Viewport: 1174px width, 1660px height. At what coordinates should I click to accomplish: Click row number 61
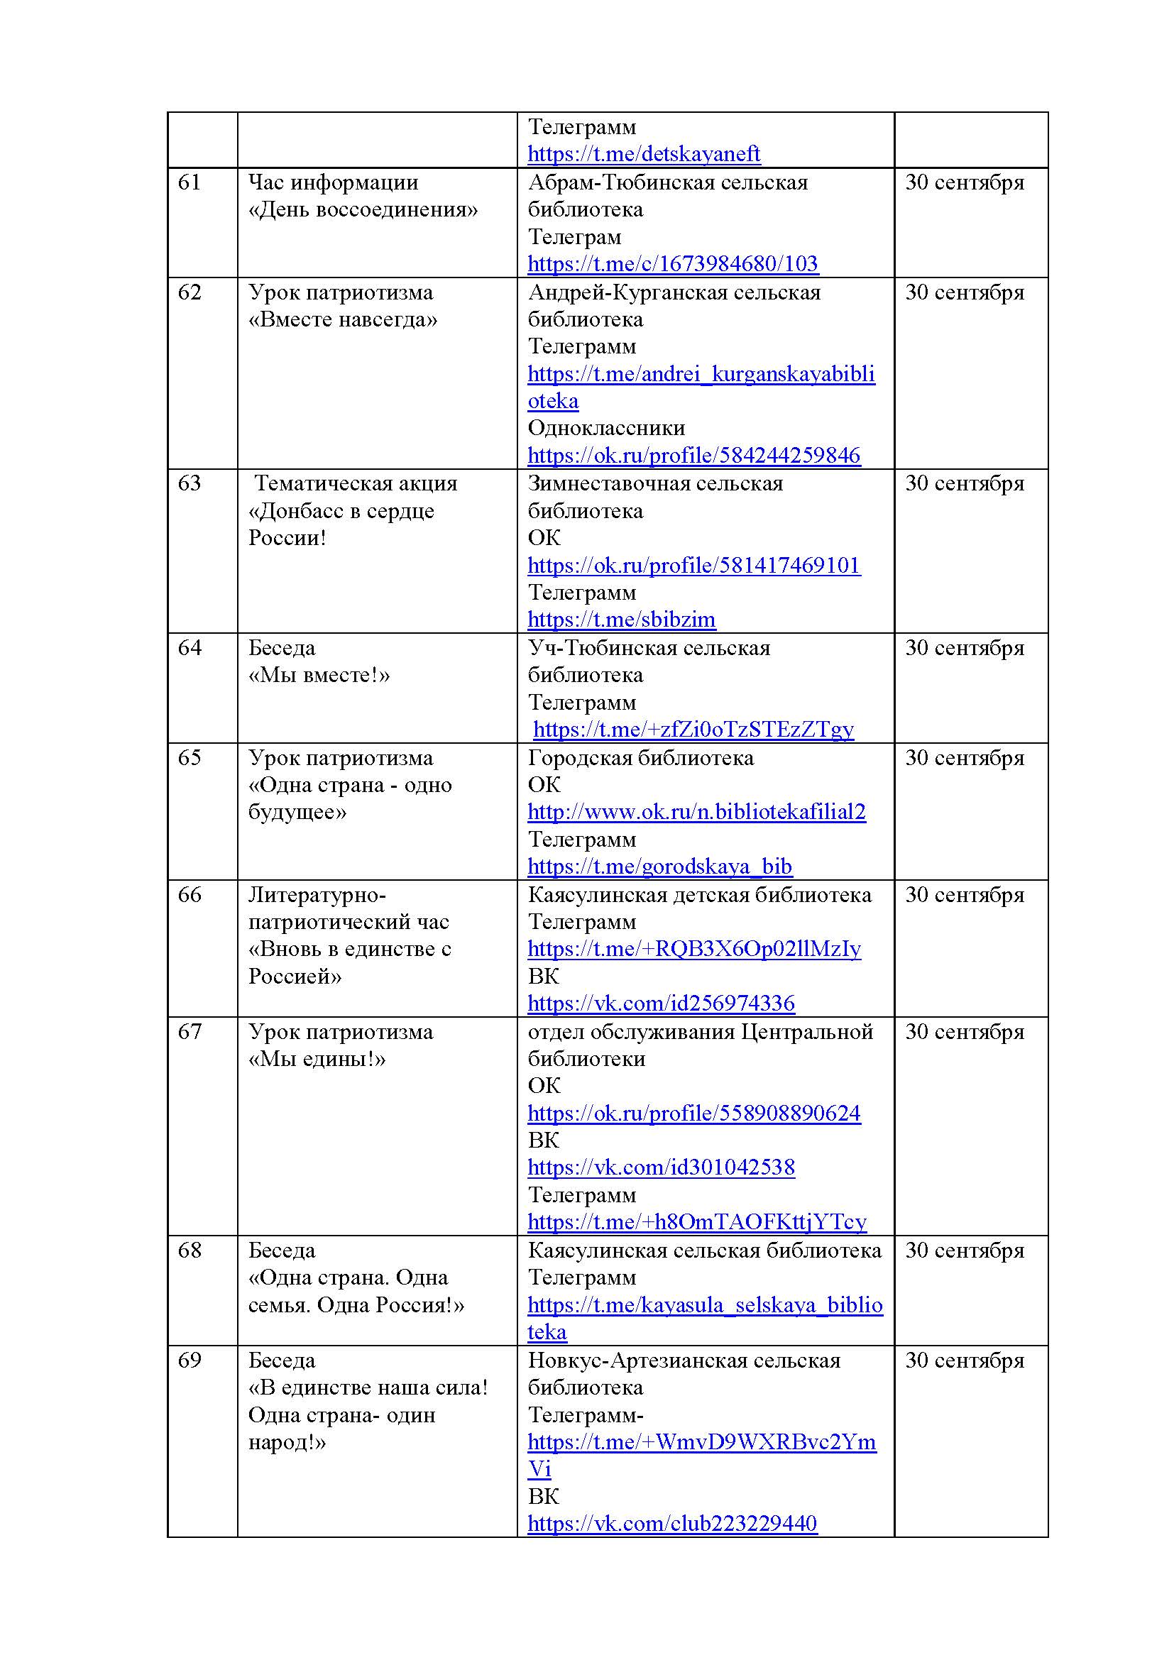coord(189,182)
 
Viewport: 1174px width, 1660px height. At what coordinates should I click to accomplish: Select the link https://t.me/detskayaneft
coord(643,154)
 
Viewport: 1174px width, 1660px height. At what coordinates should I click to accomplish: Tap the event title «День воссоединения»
coord(363,209)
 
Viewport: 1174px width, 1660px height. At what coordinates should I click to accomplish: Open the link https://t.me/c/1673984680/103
coord(672,264)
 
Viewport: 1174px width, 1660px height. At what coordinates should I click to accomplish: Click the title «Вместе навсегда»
coord(343,319)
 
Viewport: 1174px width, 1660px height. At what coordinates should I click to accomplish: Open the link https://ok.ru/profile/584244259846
coord(693,456)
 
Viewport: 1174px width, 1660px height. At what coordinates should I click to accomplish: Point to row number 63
coord(189,483)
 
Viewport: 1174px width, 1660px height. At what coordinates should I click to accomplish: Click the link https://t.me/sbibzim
coord(621,620)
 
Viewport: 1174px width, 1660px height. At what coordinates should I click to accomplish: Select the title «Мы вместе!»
coord(319,675)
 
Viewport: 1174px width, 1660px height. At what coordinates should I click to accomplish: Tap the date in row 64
coord(965,648)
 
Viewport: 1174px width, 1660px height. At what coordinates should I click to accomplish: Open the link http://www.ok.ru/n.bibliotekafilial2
coord(696,812)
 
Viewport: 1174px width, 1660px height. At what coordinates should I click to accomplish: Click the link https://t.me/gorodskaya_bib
coord(659,866)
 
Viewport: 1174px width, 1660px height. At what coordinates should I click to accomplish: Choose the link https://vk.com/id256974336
coord(661,1004)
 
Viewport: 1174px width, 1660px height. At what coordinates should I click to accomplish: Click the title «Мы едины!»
coord(317,1059)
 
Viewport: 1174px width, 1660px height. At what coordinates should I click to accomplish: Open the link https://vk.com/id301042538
coord(661,1167)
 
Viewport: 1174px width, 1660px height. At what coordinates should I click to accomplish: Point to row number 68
coord(189,1250)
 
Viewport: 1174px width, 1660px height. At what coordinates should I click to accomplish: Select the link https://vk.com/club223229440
coord(671,1523)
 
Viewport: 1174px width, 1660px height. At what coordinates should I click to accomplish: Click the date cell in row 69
coord(965,1360)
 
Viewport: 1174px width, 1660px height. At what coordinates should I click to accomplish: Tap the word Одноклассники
coord(605,428)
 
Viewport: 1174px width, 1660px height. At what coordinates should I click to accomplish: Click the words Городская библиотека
coord(640,758)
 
